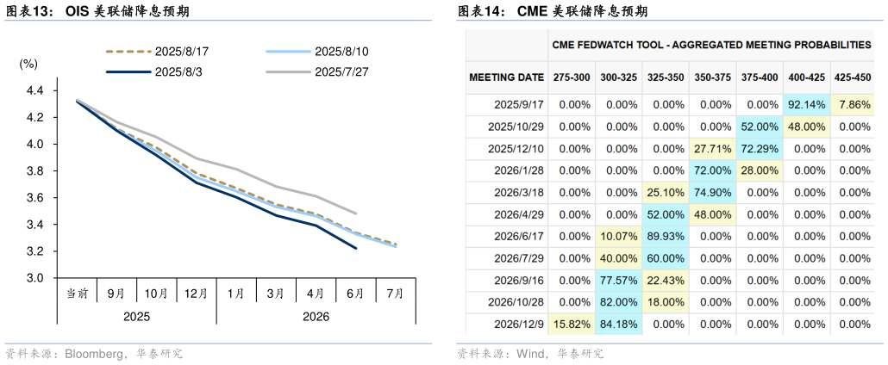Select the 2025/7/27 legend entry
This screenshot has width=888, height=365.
point(342,71)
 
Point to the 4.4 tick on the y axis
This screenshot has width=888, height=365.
point(35,90)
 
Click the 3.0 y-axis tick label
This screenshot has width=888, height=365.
point(35,278)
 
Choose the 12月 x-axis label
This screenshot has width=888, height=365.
point(196,293)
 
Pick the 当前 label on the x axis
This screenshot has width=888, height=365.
point(77,293)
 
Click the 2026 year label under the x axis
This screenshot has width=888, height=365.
point(316,316)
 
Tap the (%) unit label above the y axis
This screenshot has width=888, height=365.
point(28,64)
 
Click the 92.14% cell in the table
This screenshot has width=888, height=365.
point(806,104)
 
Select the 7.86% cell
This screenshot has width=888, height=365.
point(854,104)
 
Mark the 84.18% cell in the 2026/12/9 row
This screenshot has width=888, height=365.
point(619,324)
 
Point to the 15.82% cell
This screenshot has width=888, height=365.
point(572,324)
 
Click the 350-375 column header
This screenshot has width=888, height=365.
point(712,77)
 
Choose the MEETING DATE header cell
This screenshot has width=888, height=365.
point(506,77)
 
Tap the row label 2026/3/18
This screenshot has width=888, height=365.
point(519,192)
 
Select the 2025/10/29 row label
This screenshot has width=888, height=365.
point(516,127)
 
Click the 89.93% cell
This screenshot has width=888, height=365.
point(666,236)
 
